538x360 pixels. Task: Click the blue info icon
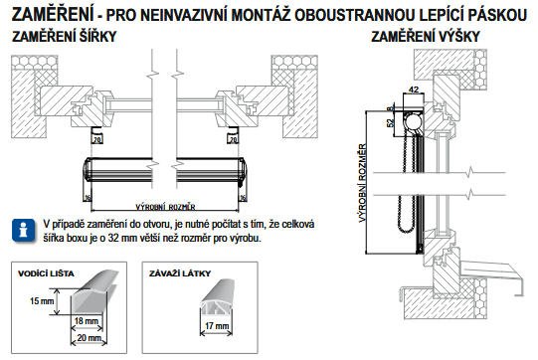click(x=23, y=231)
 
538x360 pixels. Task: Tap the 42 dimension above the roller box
click(x=414, y=90)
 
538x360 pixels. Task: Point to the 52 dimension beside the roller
click(x=391, y=122)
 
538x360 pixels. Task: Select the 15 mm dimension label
click(x=42, y=301)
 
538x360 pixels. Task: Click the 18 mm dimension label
click(x=87, y=321)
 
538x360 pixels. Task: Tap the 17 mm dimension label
click(x=217, y=325)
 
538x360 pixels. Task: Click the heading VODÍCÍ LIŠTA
click(x=46, y=273)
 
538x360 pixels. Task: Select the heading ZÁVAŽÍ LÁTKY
click(x=180, y=273)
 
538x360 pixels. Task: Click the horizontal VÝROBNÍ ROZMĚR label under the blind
click(x=165, y=207)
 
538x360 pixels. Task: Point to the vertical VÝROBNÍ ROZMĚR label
click(x=363, y=183)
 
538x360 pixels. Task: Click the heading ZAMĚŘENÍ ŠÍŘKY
click(x=65, y=37)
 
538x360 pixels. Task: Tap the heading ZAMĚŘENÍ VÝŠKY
click(x=426, y=37)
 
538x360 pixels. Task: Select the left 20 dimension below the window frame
click(x=97, y=139)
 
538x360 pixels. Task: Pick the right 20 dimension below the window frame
click(x=234, y=139)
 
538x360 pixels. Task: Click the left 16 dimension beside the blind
click(x=88, y=198)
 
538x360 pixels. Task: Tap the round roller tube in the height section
click(x=413, y=123)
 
